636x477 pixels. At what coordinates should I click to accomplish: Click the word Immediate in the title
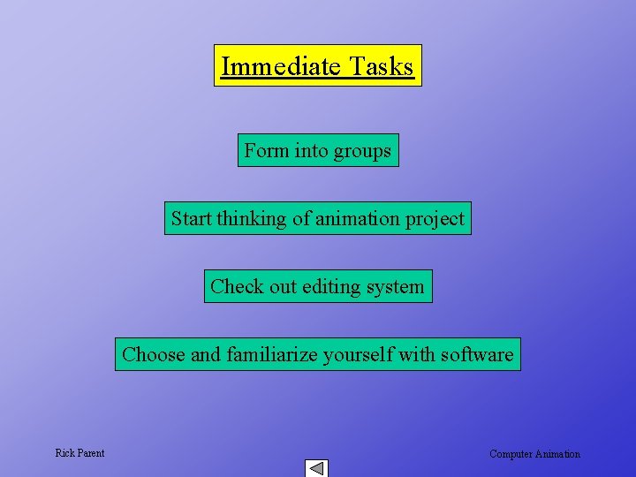281,66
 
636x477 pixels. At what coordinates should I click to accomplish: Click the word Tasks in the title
381,66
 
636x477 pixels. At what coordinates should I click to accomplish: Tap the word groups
361,151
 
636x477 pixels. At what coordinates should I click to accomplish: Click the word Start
192,219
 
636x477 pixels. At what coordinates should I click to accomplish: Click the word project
435,219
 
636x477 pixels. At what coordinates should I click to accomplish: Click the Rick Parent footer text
79,453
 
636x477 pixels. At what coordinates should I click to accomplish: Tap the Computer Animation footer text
534,454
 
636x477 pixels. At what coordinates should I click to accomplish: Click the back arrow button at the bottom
316,468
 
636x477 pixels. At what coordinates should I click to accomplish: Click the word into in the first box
311,151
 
